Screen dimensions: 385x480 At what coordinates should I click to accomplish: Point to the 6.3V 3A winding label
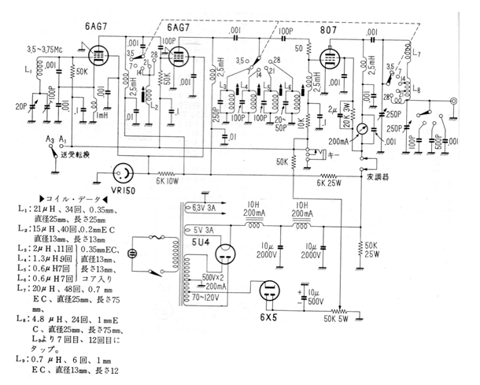[200, 209]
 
